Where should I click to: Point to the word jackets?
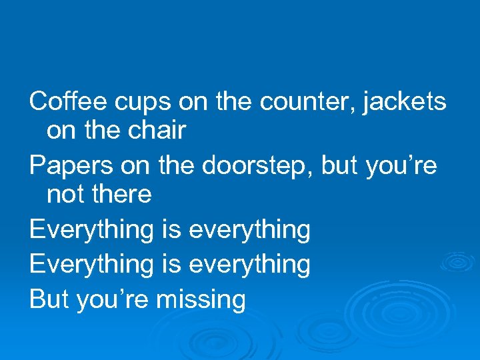(x=405, y=102)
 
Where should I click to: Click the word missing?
(x=201, y=300)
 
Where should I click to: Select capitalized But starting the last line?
(x=49, y=299)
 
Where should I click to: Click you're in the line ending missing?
(x=113, y=300)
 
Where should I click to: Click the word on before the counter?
(x=194, y=102)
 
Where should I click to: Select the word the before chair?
(x=102, y=131)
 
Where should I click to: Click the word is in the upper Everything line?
(x=171, y=229)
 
